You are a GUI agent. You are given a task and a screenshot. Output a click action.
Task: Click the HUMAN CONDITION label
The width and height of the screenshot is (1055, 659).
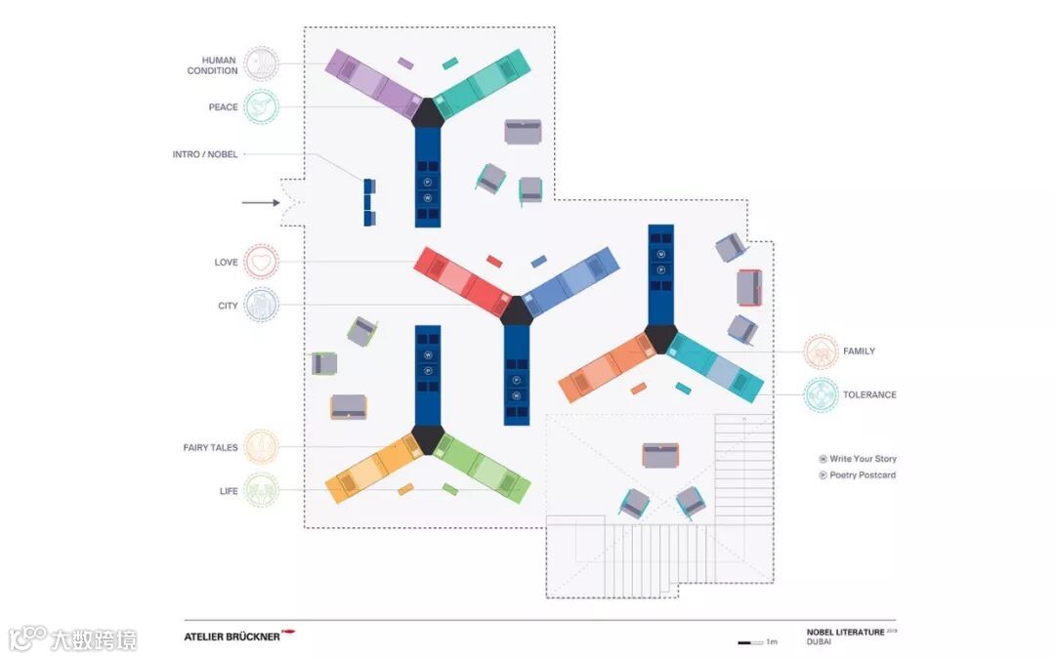(212, 65)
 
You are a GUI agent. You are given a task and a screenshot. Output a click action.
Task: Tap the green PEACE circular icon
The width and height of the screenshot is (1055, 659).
(261, 106)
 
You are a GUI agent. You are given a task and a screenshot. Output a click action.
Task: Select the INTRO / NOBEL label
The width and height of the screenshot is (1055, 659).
(205, 154)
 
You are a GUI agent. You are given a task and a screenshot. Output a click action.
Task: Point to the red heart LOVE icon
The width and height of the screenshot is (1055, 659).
(261, 262)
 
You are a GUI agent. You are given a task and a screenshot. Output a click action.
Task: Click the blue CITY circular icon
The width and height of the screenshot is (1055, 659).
(261, 306)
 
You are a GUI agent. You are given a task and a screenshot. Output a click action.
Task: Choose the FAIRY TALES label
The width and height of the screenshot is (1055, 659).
(210, 447)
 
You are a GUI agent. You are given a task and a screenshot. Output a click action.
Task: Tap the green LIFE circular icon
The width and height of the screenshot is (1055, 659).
(261, 490)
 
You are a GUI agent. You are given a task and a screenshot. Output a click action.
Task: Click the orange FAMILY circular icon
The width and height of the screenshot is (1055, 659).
(821, 351)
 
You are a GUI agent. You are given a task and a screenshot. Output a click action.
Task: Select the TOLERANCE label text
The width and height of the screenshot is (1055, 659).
(869, 395)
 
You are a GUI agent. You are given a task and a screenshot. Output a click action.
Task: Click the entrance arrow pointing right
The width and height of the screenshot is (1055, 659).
(261, 203)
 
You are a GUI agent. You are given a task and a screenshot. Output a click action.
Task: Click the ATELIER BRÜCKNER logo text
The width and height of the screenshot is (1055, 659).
(232, 637)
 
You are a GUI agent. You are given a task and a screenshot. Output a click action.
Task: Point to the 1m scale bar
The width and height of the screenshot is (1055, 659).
(750, 642)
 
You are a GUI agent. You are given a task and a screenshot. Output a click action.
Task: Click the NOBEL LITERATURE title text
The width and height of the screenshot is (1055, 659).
(845, 632)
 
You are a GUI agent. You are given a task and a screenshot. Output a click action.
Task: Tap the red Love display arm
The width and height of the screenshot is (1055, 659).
(459, 278)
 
